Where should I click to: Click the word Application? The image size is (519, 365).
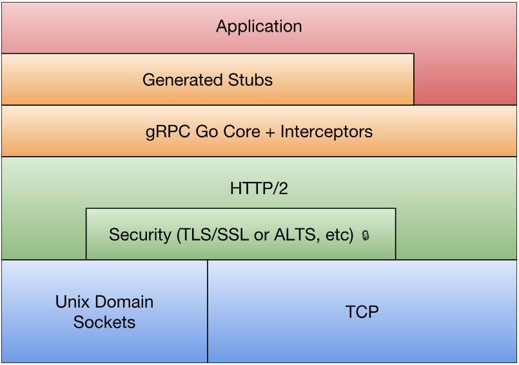click(x=259, y=26)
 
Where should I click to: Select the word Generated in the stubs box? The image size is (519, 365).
click(x=182, y=80)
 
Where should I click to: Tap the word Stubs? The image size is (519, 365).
click(x=250, y=80)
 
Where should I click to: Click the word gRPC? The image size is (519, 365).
click(x=168, y=132)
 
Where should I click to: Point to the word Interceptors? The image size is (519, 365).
click(x=326, y=132)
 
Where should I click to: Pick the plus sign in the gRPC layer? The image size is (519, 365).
click(x=270, y=132)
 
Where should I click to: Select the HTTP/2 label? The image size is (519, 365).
click(x=259, y=188)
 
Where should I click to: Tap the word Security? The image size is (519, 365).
click(x=140, y=235)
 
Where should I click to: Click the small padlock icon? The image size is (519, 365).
click(x=366, y=235)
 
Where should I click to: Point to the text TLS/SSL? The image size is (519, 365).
click(x=213, y=235)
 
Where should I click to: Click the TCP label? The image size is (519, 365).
click(x=362, y=311)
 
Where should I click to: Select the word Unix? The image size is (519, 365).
click(x=72, y=302)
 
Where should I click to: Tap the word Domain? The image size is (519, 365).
click(x=124, y=302)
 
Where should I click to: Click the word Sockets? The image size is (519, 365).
click(x=104, y=322)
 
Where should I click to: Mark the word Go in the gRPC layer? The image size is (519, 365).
click(x=206, y=132)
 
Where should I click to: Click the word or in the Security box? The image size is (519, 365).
click(x=262, y=237)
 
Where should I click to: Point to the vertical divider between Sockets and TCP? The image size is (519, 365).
click(x=208, y=311)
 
